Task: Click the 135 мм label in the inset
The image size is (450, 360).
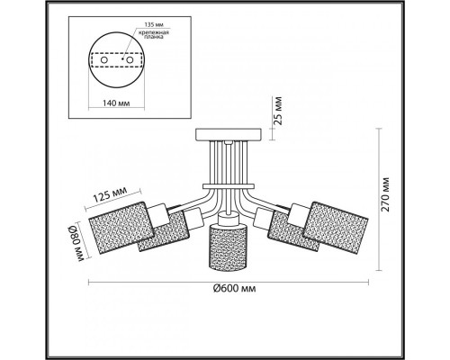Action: (x=154, y=25)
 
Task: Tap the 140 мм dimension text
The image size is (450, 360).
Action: (x=116, y=103)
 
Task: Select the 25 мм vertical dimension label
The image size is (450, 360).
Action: (x=278, y=111)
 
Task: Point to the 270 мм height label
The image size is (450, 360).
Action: (x=386, y=194)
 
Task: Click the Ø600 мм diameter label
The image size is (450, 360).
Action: (x=235, y=289)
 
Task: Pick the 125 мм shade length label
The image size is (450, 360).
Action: (x=110, y=194)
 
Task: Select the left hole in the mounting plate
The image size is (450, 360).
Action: (x=104, y=60)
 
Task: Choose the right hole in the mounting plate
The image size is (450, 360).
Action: (x=130, y=60)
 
